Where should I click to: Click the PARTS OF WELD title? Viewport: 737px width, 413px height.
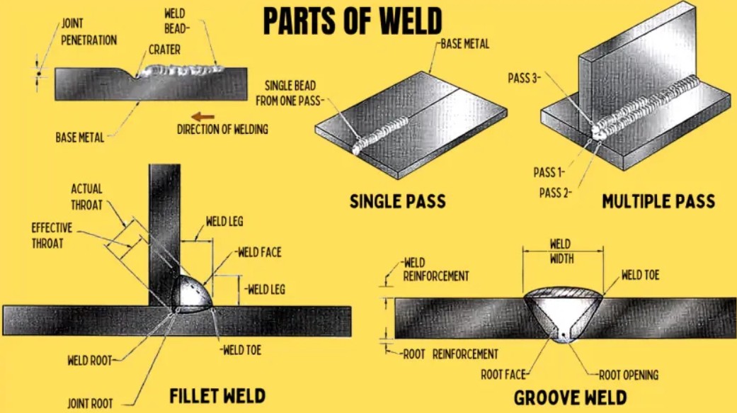tap(353, 21)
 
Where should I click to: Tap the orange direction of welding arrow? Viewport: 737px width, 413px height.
tap(203, 117)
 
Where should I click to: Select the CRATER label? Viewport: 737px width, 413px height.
tap(164, 50)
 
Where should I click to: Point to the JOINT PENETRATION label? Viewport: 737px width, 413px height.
tap(89, 31)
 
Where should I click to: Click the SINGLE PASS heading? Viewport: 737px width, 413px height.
tap(398, 201)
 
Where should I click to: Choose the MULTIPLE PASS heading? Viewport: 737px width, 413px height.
tap(658, 201)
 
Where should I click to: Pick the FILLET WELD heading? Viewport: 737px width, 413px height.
tap(217, 395)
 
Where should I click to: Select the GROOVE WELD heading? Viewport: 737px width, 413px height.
tap(570, 397)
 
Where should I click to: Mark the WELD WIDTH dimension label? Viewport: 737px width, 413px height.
tap(561, 251)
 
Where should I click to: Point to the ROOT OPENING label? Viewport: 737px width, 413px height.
tap(629, 375)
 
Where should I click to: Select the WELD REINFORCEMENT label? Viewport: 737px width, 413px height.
tap(435, 269)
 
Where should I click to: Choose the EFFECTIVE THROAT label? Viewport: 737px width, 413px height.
tap(52, 236)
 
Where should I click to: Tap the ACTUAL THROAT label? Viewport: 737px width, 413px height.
tap(87, 197)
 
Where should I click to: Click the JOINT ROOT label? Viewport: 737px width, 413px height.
tap(90, 404)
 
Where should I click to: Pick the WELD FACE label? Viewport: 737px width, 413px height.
tap(259, 252)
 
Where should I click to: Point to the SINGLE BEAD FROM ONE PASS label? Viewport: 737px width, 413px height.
tap(289, 93)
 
